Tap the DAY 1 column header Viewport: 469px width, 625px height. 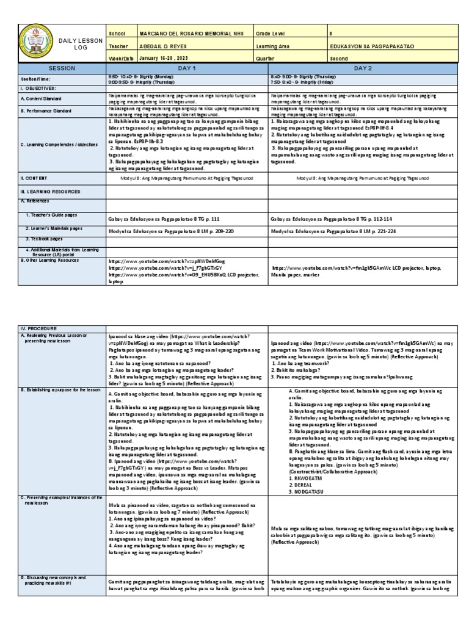point(186,69)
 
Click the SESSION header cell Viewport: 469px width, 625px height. point(61,69)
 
